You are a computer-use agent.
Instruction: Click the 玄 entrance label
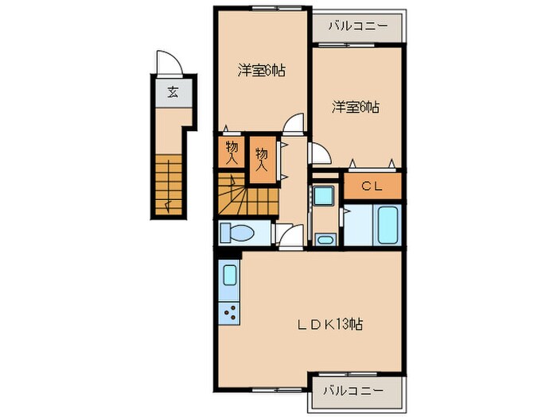pos(172,92)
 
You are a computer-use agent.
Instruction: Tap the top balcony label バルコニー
pos(356,25)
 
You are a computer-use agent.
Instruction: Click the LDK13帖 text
pos(331,324)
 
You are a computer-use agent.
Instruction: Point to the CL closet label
pos(372,187)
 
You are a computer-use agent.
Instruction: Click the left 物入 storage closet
pos(231,153)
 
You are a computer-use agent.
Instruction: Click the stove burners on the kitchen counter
pos(230,312)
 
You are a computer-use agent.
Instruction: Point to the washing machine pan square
pos(323,195)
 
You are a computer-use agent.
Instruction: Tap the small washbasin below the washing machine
pos(323,238)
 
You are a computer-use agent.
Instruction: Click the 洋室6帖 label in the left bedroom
pos(260,71)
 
